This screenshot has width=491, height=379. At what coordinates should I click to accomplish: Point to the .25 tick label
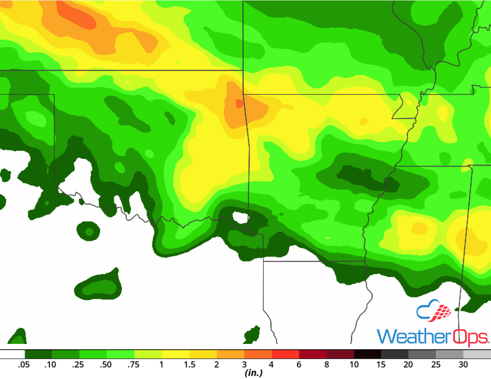point(78,365)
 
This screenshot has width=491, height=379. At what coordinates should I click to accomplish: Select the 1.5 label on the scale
point(189,365)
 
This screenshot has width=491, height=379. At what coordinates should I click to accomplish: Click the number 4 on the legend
point(271,365)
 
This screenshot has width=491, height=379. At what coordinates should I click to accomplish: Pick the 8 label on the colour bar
point(326,365)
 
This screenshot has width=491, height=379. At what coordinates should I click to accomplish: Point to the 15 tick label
point(381,365)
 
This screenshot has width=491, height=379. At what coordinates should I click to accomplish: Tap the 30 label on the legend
point(463,365)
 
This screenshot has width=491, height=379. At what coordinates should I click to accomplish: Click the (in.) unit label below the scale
point(253,373)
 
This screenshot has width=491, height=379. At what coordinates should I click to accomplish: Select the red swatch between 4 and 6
point(285,354)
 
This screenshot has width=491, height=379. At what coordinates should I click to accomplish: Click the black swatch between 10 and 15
point(367,354)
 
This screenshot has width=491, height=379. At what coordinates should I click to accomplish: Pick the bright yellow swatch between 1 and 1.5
point(175,354)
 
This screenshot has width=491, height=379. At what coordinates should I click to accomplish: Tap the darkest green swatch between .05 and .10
point(38,354)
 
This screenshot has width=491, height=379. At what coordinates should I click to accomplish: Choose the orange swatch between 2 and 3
point(230,354)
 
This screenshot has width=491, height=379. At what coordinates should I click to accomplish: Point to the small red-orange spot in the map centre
point(239,104)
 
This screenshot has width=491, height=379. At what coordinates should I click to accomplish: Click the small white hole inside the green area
point(241,218)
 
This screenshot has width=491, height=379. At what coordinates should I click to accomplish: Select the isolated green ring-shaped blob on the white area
point(89,232)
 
